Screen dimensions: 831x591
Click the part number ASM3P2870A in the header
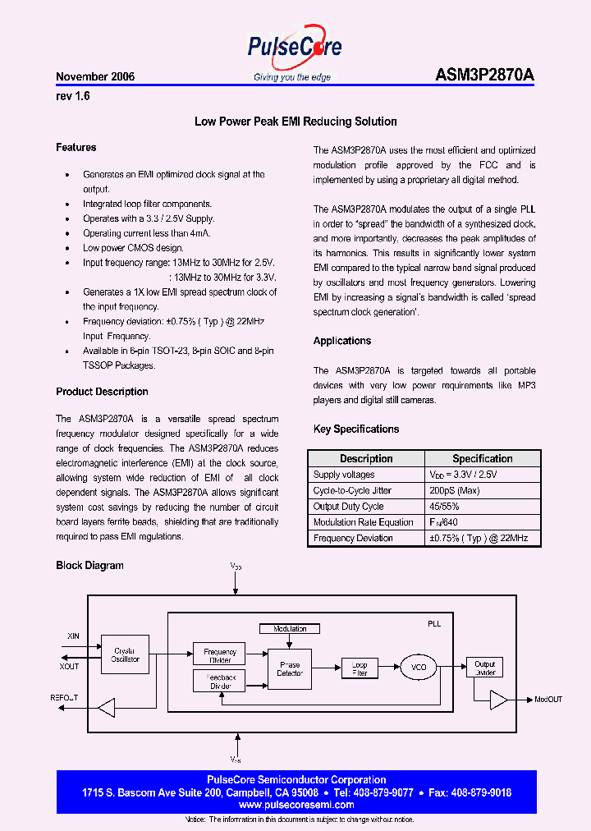tap(484, 76)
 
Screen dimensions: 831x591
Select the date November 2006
tap(95, 76)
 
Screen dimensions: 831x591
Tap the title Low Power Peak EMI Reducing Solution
tap(295, 122)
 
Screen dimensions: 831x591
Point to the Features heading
tap(76, 148)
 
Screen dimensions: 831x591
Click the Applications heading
tap(342, 341)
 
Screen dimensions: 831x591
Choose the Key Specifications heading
tap(356, 429)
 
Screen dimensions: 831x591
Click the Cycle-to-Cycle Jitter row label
tap(352, 490)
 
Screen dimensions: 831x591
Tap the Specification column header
tap(483, 458)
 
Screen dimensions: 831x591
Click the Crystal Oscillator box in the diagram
tap(126, 654)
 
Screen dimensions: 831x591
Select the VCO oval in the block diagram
tap(419, 668)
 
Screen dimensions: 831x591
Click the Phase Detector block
tap(290, 668)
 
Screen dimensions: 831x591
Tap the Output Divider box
tap(485, 668)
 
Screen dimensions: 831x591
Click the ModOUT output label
tap(548, 699)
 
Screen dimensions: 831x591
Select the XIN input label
tap(73, 636)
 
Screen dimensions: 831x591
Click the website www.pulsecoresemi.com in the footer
tap(295, 805)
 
